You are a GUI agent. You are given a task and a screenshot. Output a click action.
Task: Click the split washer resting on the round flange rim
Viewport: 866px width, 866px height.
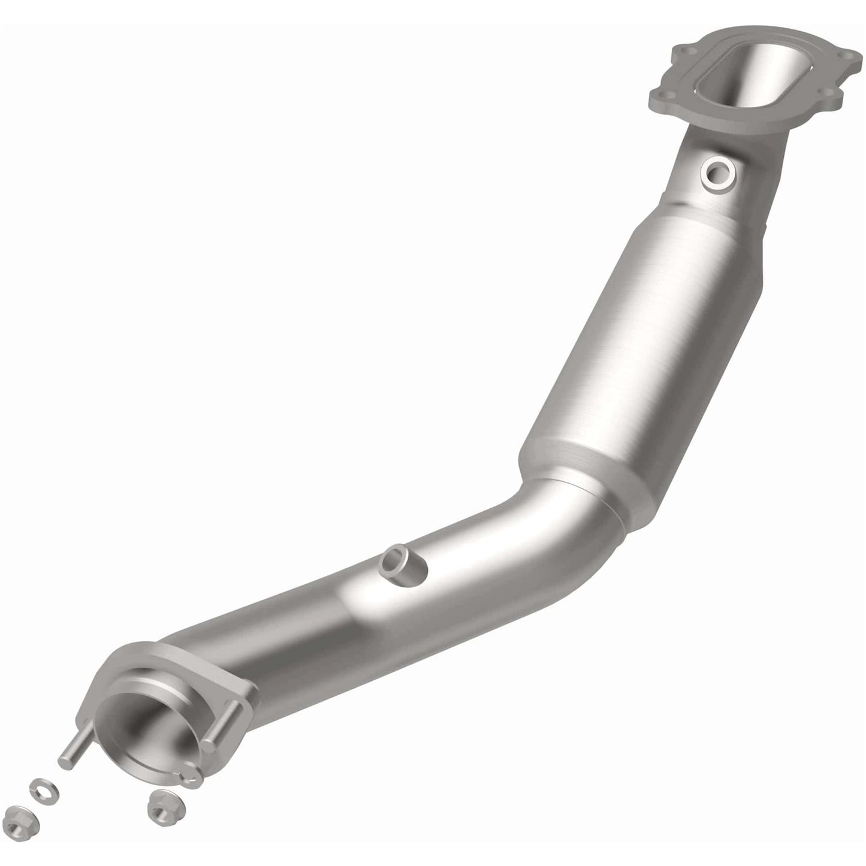(x=191, y=777)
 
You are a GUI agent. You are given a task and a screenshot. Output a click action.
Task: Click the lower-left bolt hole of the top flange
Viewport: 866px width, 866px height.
(x=660, y=95)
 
